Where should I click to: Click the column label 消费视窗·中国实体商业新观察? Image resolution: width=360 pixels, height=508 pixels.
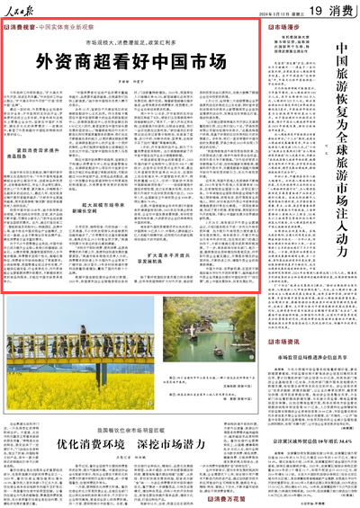tap(49, 28)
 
